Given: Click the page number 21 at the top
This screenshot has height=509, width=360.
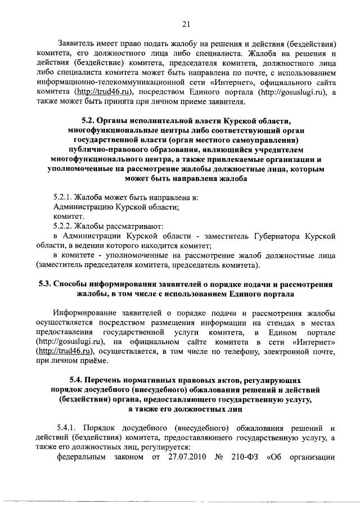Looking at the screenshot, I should [187, 23].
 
